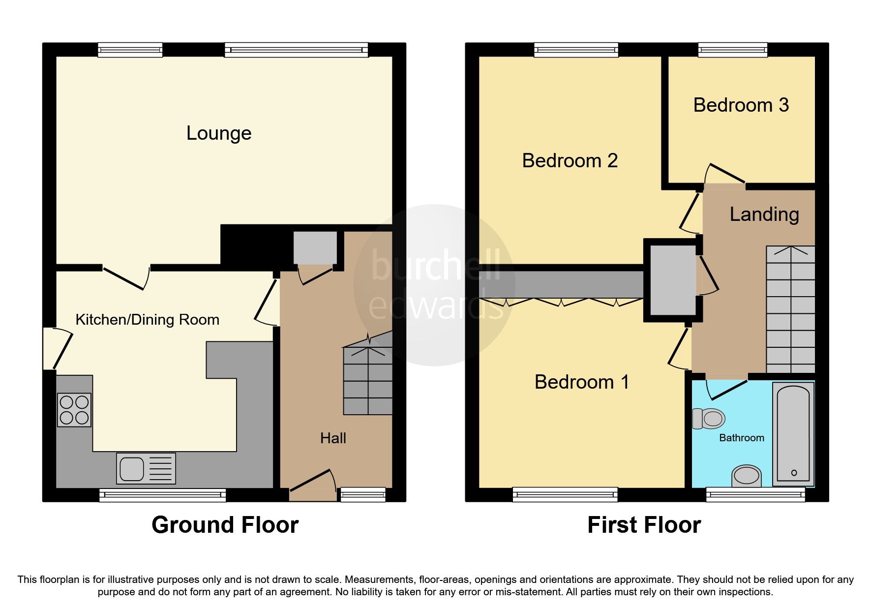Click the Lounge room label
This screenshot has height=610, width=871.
[219, 133]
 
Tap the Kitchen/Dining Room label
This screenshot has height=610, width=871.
[147, 320]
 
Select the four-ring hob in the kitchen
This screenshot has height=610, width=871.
[74, 410]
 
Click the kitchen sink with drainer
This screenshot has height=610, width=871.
[146, 468]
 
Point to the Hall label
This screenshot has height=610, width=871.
[333, 438]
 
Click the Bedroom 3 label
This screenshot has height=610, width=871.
[741, 105]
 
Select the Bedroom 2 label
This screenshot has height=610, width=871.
[570, 161]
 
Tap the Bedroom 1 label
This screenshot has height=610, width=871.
[581, 382]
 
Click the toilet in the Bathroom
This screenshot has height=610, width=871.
[709, 419]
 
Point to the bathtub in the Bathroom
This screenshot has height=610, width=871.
[793, 433]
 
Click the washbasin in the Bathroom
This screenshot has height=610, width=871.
[746, 476]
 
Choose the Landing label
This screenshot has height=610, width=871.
[764, 214]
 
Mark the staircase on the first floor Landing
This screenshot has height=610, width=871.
[790, 310]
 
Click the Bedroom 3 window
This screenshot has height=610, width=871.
[733, 49]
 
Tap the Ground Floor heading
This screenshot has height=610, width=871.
[225, 525]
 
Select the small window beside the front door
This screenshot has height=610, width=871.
[363, 494]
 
